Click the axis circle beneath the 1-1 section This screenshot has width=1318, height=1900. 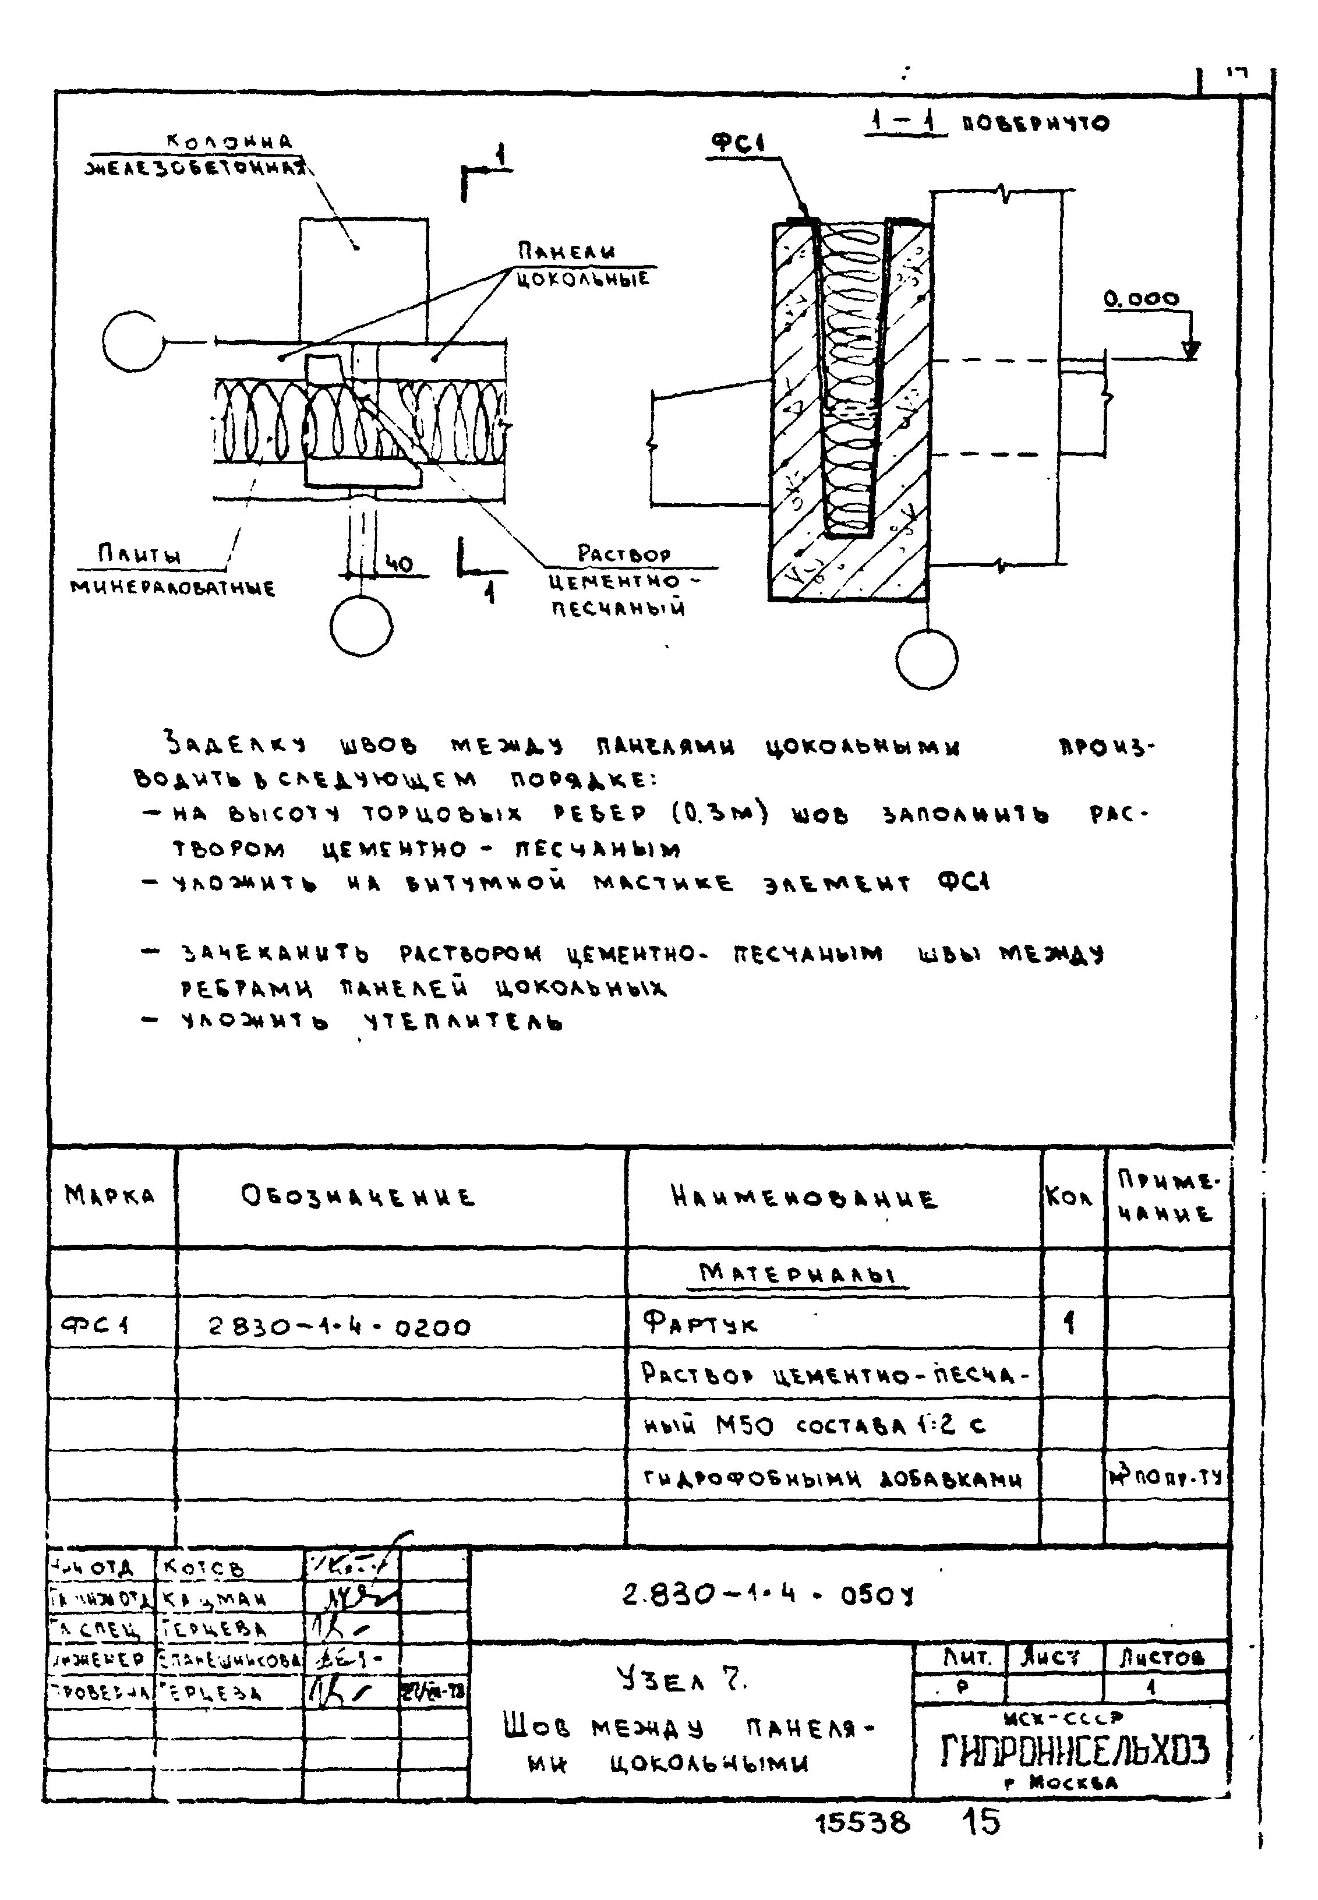click(927, 659)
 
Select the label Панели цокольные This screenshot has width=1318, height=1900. click(582, 264)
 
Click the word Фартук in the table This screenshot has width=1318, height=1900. click(699, 1325)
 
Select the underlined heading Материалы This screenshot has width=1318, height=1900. click(797, 1273)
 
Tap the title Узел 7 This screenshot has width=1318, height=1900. click(682, 1678)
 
